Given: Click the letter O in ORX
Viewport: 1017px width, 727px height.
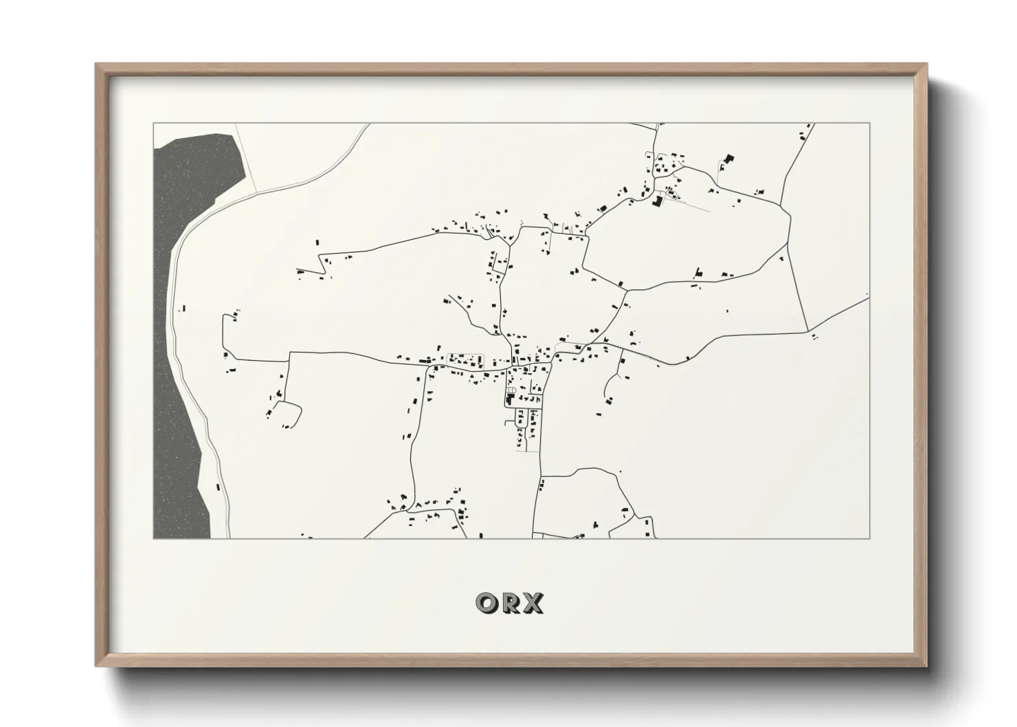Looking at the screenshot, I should [486, 603].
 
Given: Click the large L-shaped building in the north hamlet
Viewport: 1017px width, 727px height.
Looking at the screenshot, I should [657, 201].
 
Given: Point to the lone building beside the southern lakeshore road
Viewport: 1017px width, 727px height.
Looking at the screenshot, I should [218, 486].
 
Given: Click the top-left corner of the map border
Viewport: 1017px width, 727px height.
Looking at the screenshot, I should [153, 124].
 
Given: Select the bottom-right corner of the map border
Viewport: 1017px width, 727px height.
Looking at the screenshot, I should [870, 538].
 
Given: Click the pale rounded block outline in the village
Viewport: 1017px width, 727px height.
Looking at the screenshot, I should [466, 359].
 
